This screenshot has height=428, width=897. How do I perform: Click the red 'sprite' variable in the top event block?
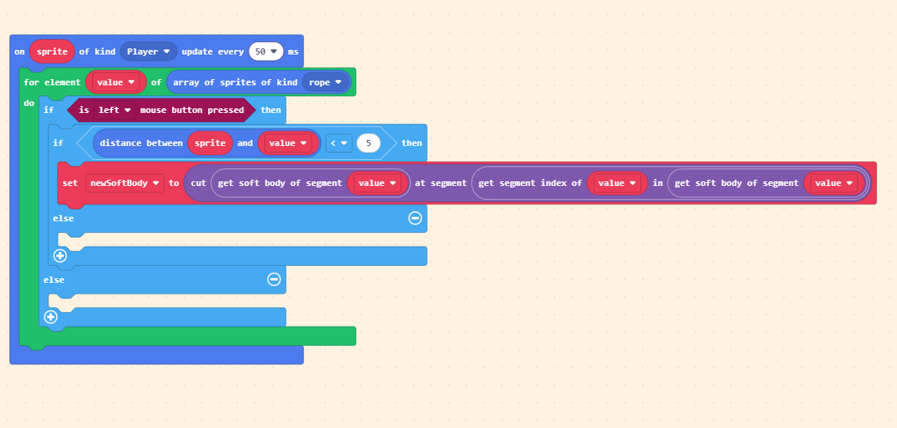click(52, 51)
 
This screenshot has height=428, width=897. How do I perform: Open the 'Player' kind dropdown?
click(148, 51)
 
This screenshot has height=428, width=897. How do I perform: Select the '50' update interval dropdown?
click(266, 51)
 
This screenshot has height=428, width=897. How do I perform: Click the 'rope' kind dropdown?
click(326, 82)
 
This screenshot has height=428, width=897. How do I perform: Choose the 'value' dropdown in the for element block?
click(116, 82)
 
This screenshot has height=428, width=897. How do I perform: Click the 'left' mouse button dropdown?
click(114, 110)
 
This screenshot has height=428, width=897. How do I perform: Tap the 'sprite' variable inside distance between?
click(210, 143)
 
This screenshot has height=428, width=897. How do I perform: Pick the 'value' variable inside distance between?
click(288, 143)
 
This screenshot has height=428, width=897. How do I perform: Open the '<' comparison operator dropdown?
click(339, 143)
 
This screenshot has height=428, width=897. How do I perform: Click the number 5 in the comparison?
click(369, 143)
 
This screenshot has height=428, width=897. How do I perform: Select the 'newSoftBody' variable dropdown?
click(124, 183)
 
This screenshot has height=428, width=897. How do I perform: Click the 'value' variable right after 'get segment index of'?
click(617, 183)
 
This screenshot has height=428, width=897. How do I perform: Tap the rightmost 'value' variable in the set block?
click(833, 183)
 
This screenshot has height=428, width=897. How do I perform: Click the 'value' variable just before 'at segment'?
click(377, 183)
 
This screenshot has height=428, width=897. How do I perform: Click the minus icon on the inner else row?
click(415, 218)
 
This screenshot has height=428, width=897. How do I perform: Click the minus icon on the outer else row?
click(273, 279)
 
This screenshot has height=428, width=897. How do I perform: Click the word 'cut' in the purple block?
click(198, 183)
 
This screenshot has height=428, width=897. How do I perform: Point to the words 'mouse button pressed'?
click(192, 110)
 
